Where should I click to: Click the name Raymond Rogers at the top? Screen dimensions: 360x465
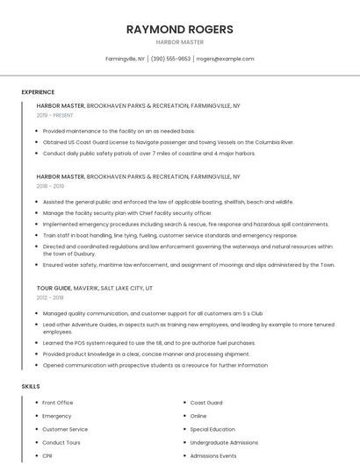(179, 29)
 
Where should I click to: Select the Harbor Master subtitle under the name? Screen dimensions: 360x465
(179, 42)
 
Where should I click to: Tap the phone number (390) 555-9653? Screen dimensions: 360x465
(170, 59)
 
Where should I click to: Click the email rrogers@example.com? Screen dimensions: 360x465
(225, 59)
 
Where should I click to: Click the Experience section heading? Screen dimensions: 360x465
(38, 92)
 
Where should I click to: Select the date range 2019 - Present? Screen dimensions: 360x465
(54, 115)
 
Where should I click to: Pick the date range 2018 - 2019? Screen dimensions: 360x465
(50, 186)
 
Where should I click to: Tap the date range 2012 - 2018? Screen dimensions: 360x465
(50, 297)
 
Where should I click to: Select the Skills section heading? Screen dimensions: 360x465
(30, 386)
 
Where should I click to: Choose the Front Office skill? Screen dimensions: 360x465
(58, 403)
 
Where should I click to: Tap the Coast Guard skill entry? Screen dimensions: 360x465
(206, 403)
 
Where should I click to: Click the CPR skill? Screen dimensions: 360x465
(47, 456)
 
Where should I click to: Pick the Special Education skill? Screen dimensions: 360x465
(212, 429)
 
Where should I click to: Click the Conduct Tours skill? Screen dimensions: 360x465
(61, 443)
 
